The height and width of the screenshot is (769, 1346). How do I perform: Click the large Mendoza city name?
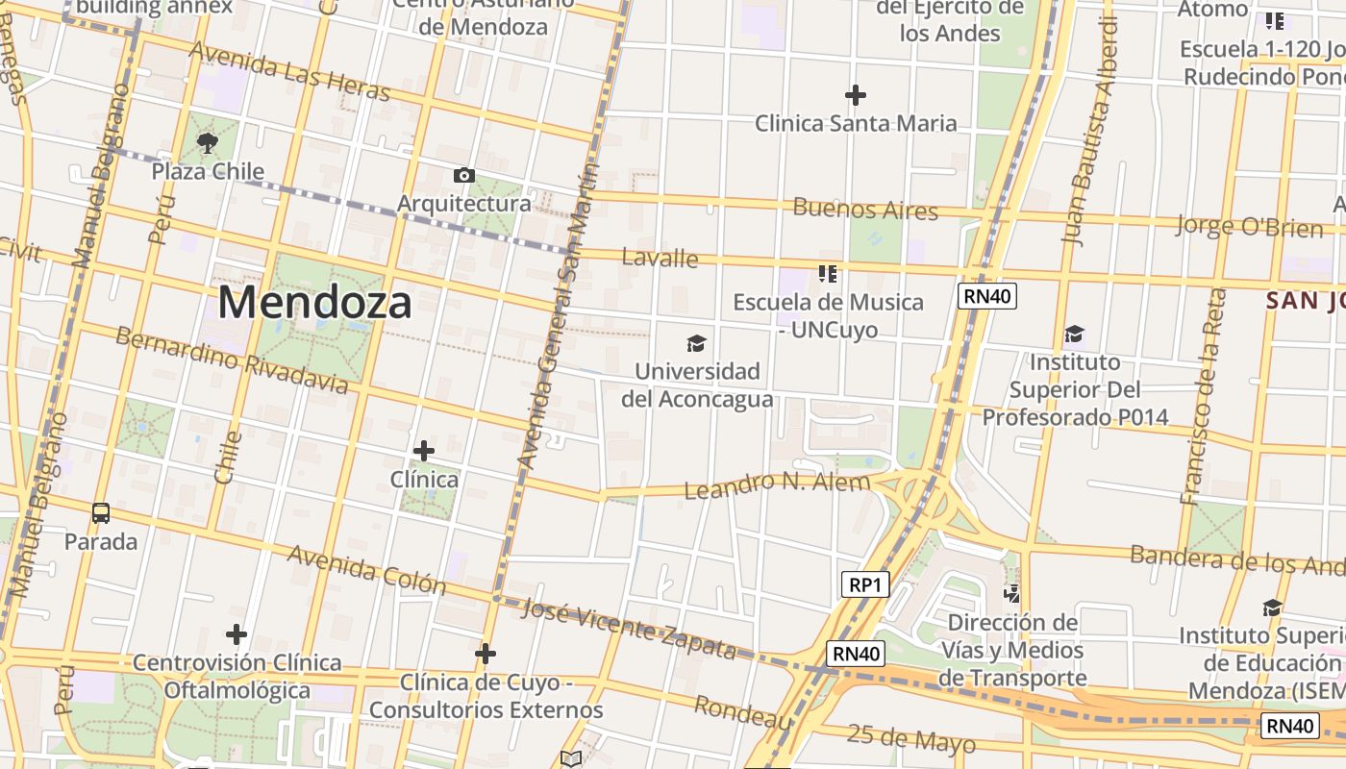tap(314, 302)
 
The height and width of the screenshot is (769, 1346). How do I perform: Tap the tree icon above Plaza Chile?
tap(207, 144)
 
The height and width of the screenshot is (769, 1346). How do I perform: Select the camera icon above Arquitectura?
tap(463, 175)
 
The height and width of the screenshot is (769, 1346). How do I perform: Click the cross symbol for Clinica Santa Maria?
tap(855, 95)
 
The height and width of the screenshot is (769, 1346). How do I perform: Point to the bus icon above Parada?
tap(101, 513)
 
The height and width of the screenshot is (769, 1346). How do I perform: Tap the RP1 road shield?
tap(864, 584)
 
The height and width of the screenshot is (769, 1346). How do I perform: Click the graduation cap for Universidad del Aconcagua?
tap(696, 343)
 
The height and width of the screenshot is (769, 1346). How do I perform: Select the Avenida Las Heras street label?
tap(289, 72)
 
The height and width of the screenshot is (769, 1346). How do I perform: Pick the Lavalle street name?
tap(660, 258)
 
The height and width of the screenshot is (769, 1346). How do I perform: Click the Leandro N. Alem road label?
tap(777, 485)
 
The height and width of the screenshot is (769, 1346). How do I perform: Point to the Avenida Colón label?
tap(366, 570)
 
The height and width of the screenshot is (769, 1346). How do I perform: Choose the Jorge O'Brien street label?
tap(1249, 227)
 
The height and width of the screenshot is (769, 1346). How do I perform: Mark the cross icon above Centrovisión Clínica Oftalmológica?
tap(237, 634)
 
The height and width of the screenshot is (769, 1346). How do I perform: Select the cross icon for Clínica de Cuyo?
tap(486, 655)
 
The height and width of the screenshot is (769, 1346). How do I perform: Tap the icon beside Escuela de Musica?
tap(827, 275)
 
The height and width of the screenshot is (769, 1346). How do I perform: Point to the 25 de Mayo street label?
tap(910, 738)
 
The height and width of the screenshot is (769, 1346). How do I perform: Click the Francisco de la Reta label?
tap(1203, 396)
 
